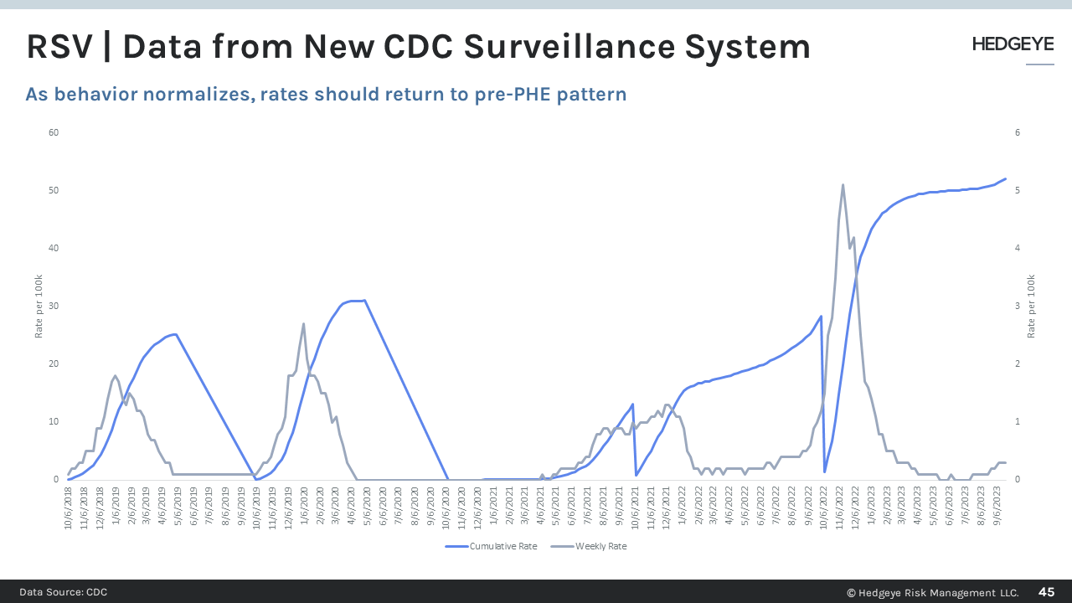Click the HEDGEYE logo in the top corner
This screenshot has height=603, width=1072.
pyautogui.click(x=1013, y=44)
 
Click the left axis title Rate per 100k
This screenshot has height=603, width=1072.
pyautogui.click(x=39, y=306)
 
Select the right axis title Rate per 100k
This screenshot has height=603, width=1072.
pyautogui.click(x=1032, y=306)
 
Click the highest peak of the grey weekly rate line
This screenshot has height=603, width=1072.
pyautogui.click(x=843, y=185)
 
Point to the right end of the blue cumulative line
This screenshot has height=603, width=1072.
pyautogui.click(x=1005, y=178)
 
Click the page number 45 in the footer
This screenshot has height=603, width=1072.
pyautogui.click(x=1046, y=592)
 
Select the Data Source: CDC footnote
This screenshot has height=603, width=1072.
pyautogui.click(x=64, y=592)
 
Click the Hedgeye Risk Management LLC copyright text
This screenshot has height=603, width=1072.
pyautogui.click(x=932, y=592)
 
